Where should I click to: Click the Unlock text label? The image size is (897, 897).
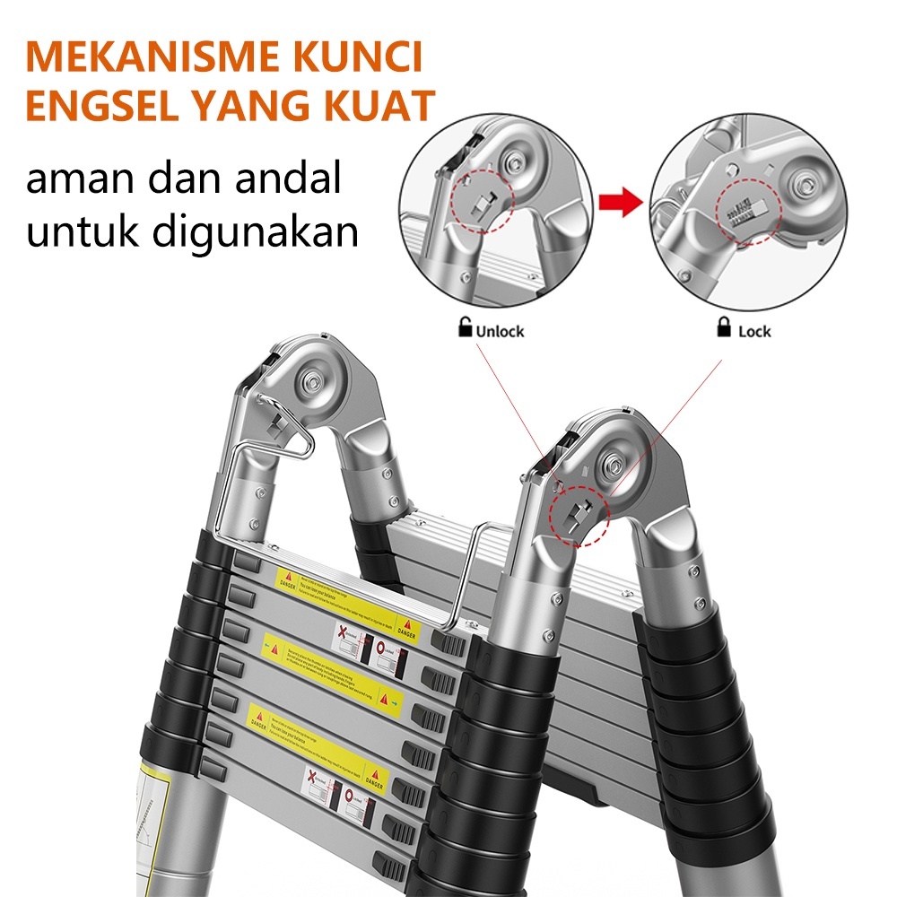pyautogui.click(x=500, y=331)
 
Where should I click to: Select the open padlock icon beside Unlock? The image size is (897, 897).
pyautogui.click(x=465, y=328)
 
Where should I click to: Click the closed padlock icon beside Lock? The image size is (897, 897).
pyautogui.click(x=723, y=328)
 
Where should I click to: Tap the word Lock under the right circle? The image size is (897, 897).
pyautogui.click(x=754, y=331)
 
